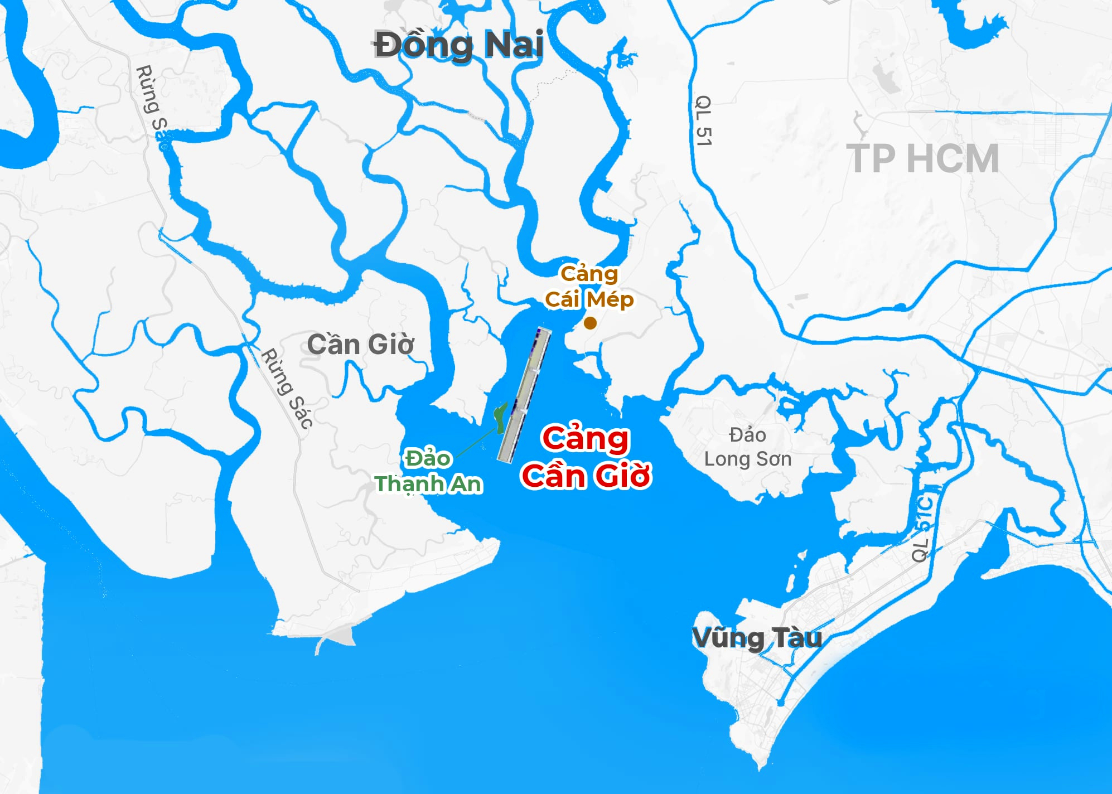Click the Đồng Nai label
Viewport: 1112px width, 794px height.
[x=458, y=45]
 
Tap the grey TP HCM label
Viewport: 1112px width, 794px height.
[x=922, y=159]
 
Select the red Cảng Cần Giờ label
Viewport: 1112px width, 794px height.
[x=586, y=457]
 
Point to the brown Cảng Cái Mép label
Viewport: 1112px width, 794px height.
[x=589, y=287]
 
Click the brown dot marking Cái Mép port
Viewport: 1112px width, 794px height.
[x=590, y=323]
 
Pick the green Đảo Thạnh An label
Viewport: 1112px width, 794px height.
[x=428, y=472]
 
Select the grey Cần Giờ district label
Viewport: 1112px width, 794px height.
[x=360, y=345]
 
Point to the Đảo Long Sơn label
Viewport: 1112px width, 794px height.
[x=747, y=447]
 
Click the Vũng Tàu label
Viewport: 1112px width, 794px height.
[x=757, y=638]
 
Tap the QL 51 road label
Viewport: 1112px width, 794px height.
[x=704, y=120]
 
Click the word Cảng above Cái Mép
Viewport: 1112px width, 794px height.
[x=589, y=274]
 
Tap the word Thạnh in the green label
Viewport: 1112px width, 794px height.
[x=410, y=484]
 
